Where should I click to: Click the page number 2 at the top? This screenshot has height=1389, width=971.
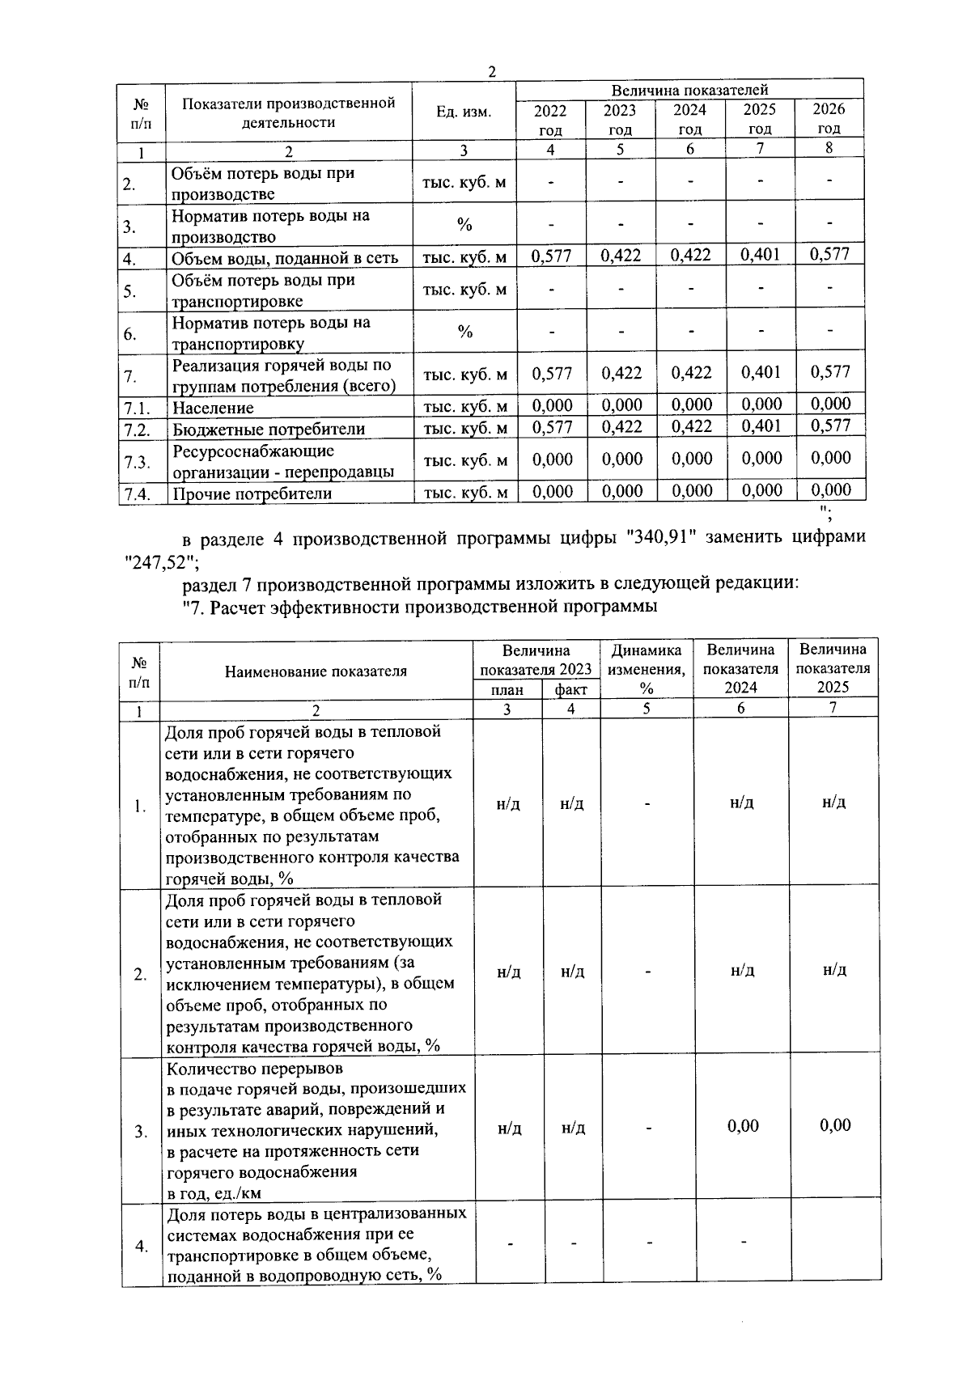pyautogui.click(x=491, y=72)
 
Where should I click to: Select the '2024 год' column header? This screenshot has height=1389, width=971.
pyautogui.click(x=689, y=119)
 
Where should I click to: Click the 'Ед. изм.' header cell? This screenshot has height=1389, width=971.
pyautogui.click(x=464, y=112)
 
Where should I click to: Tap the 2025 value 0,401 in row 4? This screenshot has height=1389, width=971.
pyautogui.click(x=761, y=255)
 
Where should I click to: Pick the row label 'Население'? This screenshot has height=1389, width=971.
pyautogui.click(x=213, y=408)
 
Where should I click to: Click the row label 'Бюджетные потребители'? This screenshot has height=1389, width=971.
pyautogui.click(x=268, y=429)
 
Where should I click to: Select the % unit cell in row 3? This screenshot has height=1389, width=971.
pyautogui.click(x=464, y=225)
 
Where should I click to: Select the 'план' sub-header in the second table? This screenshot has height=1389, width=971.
pyautogui.click(x=507, y=689)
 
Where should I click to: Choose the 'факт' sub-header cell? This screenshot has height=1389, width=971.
pyautogui.click(x=570, y=689)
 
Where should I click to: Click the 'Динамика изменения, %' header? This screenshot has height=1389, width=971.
pyautogui.click(x=647, y=669)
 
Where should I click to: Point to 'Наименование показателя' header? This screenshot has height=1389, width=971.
pyautogui.click(x=316, y=671)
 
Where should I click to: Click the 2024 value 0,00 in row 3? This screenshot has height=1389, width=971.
pyautogui.click(x=743, y=1125)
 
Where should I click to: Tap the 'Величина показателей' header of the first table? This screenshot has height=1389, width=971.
pyautogui.click(x=689, y=90)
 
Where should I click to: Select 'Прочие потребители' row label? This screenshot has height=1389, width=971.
pyautogui.click(x=252, y=493)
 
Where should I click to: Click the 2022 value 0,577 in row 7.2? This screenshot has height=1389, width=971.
pyautogui.click(x=552, y=426)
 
